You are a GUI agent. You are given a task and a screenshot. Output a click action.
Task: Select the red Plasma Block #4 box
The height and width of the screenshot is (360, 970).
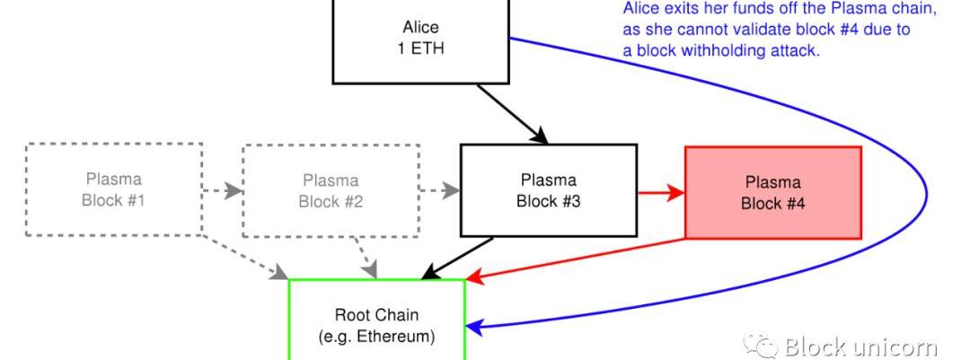coord(772,192)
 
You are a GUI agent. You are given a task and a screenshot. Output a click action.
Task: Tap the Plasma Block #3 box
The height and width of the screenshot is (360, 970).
coord(548,190)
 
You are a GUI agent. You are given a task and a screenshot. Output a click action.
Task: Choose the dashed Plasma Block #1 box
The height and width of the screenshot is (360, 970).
coord(113,189)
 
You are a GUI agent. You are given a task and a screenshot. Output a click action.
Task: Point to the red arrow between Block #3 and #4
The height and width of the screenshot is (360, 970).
coord(661,192)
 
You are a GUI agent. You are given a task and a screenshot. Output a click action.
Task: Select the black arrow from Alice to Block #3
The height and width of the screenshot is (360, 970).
coord(513,114)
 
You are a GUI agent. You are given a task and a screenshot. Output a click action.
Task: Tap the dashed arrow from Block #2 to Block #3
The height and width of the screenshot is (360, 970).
coord(440,190)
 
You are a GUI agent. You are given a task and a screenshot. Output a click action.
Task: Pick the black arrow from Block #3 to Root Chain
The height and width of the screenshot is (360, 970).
coord(457,258)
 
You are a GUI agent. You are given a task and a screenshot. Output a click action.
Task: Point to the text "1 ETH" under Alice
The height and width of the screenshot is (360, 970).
coord(420,48)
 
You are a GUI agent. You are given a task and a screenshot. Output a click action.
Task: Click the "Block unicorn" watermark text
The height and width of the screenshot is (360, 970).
coord(860,347)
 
